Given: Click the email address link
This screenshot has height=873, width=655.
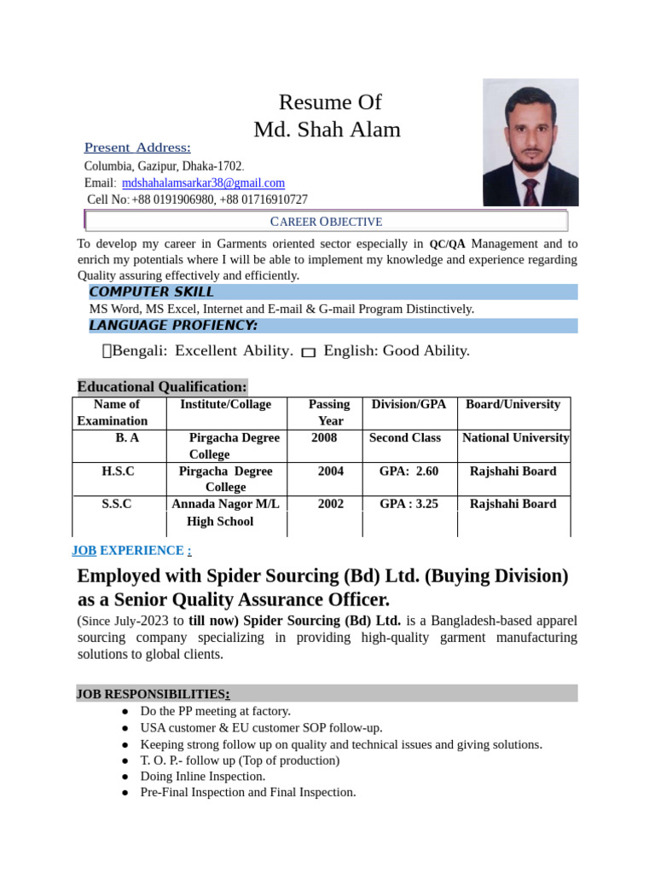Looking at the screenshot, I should pyautogui.click(x=203, y=183).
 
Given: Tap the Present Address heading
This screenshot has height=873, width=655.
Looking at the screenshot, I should pyautogui.click(x=137, y=147).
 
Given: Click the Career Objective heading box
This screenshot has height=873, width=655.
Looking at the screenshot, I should pyautogui.click(x=326, y=222).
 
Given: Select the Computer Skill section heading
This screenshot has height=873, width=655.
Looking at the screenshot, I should pyautogui.click(x=152, y=292).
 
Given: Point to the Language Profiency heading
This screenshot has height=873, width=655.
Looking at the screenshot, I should pyautogui.click(x=173, y=326).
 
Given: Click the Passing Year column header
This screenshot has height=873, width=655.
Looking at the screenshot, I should pyautogui.click(x=329, y=413).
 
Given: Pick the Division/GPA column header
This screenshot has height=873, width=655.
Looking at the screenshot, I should pyautogui.click(x=409, y=404).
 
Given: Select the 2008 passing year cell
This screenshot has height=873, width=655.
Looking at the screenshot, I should pyautogui.click(x=325, y=438).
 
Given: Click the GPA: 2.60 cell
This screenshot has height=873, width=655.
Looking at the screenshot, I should pyautogui.click(x=409, y=471).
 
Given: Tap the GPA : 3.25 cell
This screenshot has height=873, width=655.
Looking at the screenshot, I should pyautogui.click(x=409, y=504).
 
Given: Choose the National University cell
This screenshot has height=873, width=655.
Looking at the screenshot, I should pyautogui.click(x=515, y=438).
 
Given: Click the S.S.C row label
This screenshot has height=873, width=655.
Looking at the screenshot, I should pyautogui.click(x=117, y=504).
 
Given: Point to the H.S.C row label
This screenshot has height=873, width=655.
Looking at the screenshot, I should pyautogui.click(x=118, y=471).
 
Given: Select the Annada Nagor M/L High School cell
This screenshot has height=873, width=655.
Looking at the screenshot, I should pyautogui.click(x=220, y=512).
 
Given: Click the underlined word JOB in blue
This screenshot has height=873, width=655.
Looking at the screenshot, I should pyautogui.click(x=84, y=551).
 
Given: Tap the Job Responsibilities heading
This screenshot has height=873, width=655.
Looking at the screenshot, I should pyautogui.click(x=152, y=694).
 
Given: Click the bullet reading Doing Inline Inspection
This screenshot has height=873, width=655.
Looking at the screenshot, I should pyautogui.click(x=203, y=777).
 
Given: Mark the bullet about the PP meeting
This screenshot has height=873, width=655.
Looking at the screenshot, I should pyautogui.click(x=216, y=711).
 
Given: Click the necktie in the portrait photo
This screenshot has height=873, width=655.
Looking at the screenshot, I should pyautogui.click(x=530, y=193).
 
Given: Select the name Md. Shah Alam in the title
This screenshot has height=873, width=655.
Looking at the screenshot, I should pyautogui.click(x=327, y=130).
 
